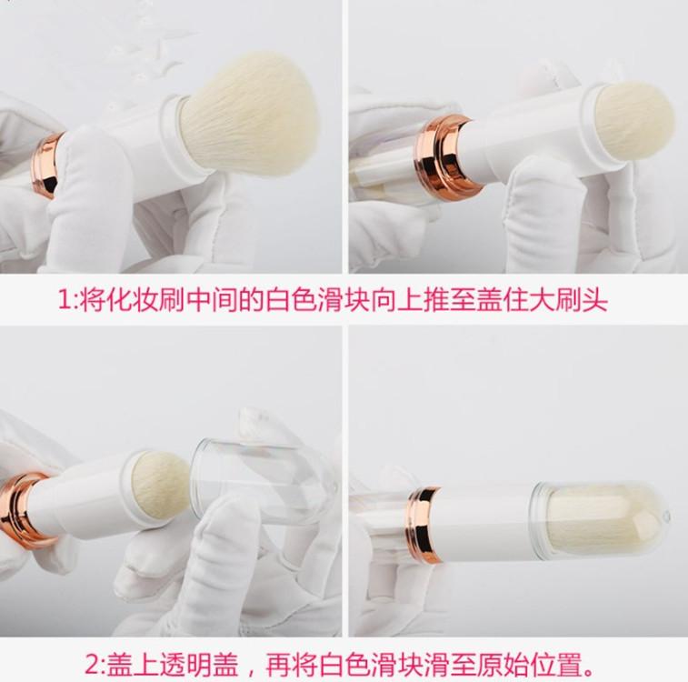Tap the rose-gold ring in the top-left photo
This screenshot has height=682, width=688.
(46, 165)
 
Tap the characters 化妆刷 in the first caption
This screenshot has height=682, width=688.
(133, 300)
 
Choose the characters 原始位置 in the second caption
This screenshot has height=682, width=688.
(530, 665)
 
